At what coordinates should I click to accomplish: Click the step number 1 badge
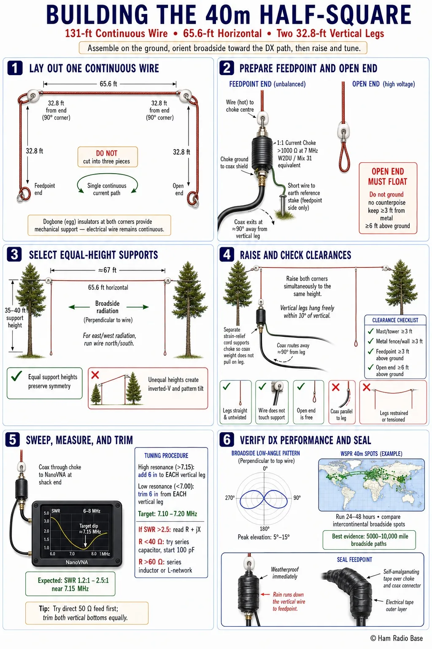click(15, 68)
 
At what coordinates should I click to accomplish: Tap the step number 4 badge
click(227, 255)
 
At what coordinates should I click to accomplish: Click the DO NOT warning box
click(108, 157)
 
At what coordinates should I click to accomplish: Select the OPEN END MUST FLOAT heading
click(387, 177)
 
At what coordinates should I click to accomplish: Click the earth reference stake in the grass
click(281, 205)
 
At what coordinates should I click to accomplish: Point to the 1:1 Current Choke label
click(296, 143)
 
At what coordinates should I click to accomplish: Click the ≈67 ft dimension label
click(107, 270)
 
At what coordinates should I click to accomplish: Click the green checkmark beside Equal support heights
click(16, 376)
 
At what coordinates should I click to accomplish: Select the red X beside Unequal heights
click(95, 375)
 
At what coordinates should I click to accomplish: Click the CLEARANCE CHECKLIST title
click(395, 320)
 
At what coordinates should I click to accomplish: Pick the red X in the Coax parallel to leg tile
click(336, 387)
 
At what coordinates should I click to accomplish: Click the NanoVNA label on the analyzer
click(77, 562)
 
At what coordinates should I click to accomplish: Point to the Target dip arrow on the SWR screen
click(85, 541)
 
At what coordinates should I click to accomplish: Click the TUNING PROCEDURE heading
click(166, 455)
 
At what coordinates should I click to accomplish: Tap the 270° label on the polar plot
click(230, 498)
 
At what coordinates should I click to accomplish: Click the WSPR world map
click(371, 485)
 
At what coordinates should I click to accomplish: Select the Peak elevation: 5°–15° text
click(264, 537)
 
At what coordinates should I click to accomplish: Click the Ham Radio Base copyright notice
click(397, 638)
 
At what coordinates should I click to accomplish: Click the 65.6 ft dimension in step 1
click(108, 84)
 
